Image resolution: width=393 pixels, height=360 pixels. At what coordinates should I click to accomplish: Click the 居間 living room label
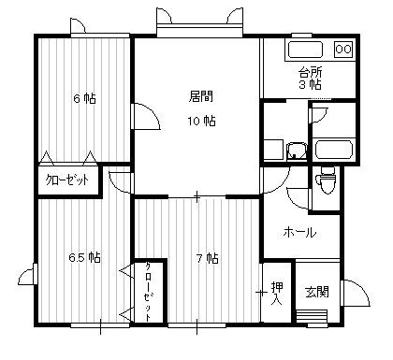coord(201,96)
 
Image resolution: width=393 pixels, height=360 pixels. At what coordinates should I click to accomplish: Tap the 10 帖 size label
coord(201,121)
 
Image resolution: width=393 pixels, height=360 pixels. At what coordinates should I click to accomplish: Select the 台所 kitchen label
coord(310,73)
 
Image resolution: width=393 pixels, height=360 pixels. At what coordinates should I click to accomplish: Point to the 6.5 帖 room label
coord(84,258)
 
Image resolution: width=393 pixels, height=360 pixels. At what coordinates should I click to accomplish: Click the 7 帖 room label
coord(207,258)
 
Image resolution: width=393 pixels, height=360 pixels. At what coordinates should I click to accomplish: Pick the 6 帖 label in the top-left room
coord(84,98)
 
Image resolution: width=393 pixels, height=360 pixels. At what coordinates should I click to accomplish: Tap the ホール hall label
coord(299,233)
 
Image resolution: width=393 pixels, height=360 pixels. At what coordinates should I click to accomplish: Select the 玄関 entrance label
coord(317,292)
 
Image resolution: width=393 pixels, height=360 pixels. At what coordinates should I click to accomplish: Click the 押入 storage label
coord(277,294)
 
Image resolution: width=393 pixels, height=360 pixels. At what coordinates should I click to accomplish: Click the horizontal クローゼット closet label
coord(67,180)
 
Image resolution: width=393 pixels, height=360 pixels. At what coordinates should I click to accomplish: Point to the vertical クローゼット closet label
coord(148,292)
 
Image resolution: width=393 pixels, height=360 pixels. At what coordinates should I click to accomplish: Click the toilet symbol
coord(326,180)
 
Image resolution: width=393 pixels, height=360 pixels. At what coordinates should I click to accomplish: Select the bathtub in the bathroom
coord(334,150)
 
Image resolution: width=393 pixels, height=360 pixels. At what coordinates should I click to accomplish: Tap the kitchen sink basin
coord(305,50)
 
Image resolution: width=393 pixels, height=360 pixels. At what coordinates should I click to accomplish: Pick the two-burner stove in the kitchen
coord(343,49)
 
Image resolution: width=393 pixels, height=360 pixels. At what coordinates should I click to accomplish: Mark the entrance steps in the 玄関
coord(312,317)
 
